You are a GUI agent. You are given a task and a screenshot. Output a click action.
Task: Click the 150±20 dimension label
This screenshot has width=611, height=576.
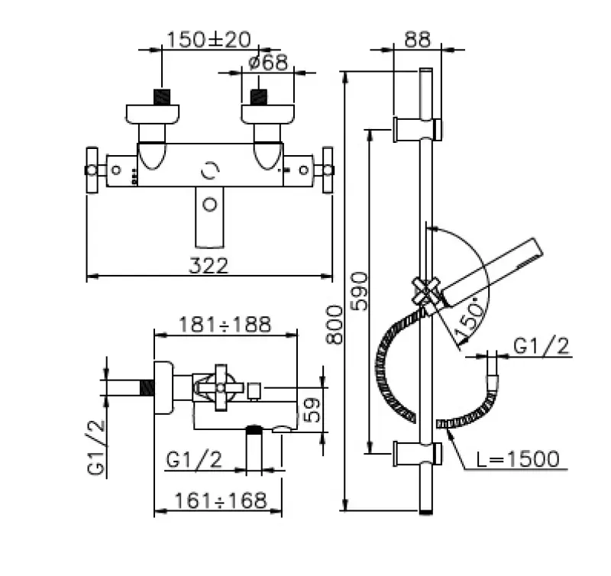pyautogui.click(x=209, y=40)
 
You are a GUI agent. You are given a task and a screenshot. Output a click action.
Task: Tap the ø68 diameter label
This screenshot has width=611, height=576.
pyautogui.click(x=268, y=62)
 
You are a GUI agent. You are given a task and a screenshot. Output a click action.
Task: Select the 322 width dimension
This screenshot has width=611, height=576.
pyautogui.click(x=209, y=266)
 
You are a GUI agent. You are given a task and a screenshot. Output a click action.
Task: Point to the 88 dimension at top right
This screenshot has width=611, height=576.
pyautogui.click(x=417, y=40)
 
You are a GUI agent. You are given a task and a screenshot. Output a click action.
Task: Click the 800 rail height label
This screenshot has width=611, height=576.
pyautogui.click(x=335, y=325)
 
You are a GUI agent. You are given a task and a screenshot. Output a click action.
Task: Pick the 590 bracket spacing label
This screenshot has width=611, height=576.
pyautogui.click(x=359, y=291)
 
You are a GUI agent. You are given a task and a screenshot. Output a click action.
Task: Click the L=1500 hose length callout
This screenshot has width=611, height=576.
pyautogui.click(x=518, y=458)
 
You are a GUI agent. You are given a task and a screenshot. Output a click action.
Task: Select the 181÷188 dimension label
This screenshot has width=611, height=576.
pyautogui.click(x=225, y=324)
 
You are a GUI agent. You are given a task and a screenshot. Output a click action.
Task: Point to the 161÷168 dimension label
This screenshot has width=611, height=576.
pyautogui.click(x=221, y=500)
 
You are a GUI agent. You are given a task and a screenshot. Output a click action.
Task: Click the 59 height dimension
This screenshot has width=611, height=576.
pyautogui.click(x=312, y=409)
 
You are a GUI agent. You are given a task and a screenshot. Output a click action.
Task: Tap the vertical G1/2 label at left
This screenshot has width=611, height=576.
pyautogui.click(x=96, y=447)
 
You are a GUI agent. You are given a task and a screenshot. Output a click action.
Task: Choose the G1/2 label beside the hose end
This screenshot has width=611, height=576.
pyautogui.click(x=541, y=346)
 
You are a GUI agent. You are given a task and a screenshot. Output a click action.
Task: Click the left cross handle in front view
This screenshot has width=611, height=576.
pyautogui.click(x=92, y=170)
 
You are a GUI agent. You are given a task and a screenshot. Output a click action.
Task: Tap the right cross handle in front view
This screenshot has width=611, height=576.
pyautogui.click(x=328, y=170)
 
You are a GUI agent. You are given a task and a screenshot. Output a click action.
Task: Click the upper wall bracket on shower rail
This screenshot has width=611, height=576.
pyautogui.click(x=417, y=129)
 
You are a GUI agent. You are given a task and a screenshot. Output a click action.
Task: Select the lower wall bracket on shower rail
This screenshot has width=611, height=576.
pyautogui.click(x=417, y=453)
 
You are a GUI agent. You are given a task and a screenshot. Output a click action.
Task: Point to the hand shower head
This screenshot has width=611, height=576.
pyautogui.click(x=492, y=272)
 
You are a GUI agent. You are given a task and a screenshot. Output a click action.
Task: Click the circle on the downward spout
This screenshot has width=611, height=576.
pyautogui.click(x=210, y=204)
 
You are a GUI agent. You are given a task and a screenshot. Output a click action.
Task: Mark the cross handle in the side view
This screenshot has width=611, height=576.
pyautogui.click(x=221, y=388)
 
